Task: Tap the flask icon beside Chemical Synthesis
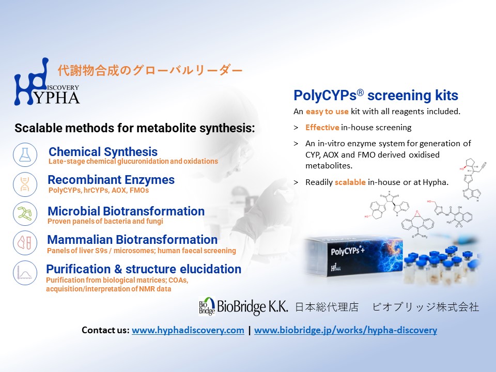click(x=25, y=155)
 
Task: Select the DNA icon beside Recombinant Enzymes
click(x=25, y=184)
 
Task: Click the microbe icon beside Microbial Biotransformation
click(x=25, y=213)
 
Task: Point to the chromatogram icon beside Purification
click(x=25, y=273)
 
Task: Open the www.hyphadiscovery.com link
click(x=188, y=330)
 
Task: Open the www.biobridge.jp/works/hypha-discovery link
click(x=346, y=330)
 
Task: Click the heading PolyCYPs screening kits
click(x=376, y=95)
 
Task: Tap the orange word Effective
click(x=322, y=128)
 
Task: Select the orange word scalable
click(x=350, y=182)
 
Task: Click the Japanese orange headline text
click(x=150, y=70)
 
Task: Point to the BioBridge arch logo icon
click(x=207, y=306)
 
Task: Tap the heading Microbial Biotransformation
click(x=126, y=211)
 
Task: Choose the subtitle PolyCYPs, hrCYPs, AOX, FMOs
click(x=99, y=191)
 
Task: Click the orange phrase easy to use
click(x=327, y=112)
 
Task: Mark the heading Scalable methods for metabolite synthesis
click(x=135, y=128)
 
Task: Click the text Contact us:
click(x=105, y=330)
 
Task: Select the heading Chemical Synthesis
click(x=103, y=152)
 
